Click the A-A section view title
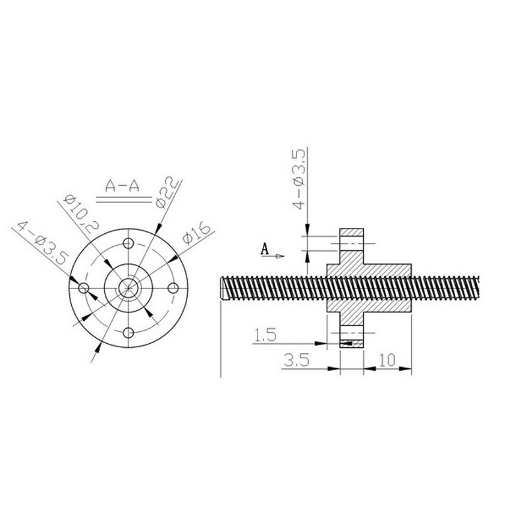click(123, 186)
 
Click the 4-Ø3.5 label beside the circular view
click(43, 242)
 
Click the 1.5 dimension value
click(265, 335)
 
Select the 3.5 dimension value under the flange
click(296, 360)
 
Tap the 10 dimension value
click(387, 360)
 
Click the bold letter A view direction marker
click(265, 250)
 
